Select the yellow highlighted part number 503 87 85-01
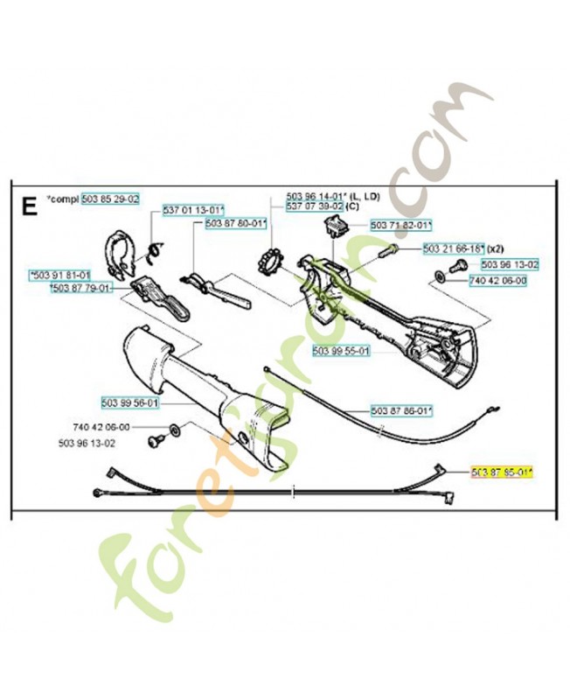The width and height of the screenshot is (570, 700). coord(502,472)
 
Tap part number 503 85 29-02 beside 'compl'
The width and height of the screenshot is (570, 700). coord(110,199)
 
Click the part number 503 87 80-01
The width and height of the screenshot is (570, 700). coord(235,224)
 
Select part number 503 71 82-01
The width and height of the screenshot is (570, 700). coord(400,225)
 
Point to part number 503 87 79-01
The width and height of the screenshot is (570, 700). coord(80,288)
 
